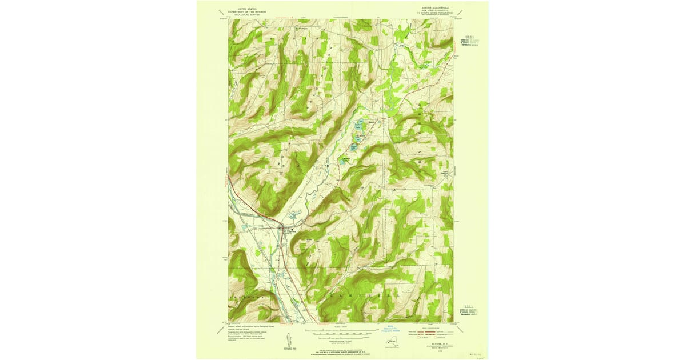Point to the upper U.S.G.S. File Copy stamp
point(469,42)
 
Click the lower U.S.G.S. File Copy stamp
point(469,312)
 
